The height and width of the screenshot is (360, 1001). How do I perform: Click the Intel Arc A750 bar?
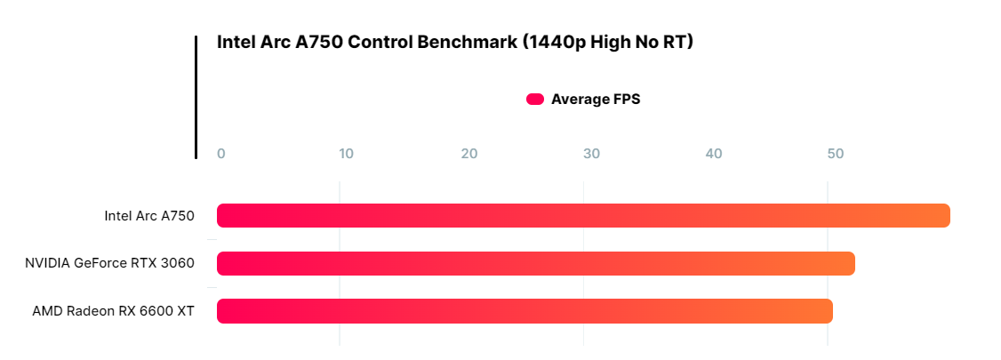(x=583, y=216)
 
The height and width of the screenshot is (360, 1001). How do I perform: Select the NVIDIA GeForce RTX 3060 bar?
(x=535, y=263)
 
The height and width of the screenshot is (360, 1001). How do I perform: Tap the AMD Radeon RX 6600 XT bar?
(x=525, y=311)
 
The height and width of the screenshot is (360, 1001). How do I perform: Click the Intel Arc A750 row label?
(x=149, y=216)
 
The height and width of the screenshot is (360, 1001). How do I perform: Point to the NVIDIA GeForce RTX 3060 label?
(x=109, y=263)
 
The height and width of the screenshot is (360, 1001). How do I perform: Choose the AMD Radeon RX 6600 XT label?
(x=113, y=311)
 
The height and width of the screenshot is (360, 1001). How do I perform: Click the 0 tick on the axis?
(x=221, y=154)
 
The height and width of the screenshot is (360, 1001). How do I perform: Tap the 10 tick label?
(x=346, y=154)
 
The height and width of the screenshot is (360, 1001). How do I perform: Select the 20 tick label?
(x=469, y=154)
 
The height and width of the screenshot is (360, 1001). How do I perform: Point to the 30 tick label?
(x=591, y=154)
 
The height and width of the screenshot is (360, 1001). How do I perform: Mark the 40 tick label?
(x=714, y=154)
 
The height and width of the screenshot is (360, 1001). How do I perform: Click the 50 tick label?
(x=836, y=154)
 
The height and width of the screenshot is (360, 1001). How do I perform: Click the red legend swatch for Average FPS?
(x=535, y=100)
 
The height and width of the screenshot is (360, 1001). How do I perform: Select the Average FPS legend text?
(x=596, y=100)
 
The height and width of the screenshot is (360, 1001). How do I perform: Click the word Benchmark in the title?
(x=471, y=42)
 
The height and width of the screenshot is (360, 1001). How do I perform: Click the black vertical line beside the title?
(x=196, y=98)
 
